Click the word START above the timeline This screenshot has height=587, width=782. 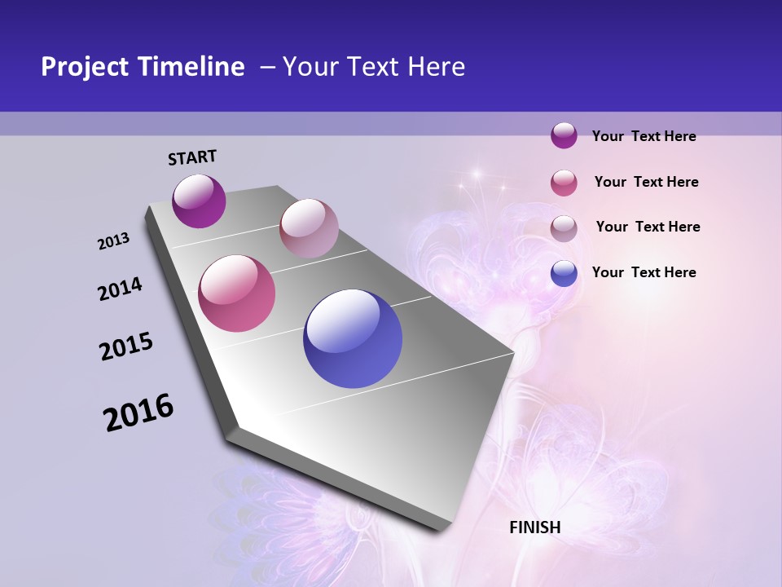tap(192, 157)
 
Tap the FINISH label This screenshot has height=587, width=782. tap(535, 527)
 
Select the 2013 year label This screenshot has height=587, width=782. tap(114, 241)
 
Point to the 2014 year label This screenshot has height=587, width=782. tap(121, 289)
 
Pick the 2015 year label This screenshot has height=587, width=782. tap(126, 346)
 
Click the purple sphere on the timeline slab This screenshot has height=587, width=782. tap(200, 201)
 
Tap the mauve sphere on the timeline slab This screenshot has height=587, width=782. tap(309, 228)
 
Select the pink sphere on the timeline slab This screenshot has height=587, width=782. tap(237, 293)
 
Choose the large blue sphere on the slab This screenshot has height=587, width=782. tap(353, 338)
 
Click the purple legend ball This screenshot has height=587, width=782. tap(564, 136)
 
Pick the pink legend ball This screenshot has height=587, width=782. tap(564, 183)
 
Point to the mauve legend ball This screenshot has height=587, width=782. tap(564, 227)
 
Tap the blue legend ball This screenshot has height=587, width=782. tap(564, 273)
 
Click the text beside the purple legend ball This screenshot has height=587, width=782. tap(644, 136)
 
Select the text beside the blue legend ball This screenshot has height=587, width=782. tap(644, 272)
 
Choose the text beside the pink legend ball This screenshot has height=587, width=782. tap(646, 182)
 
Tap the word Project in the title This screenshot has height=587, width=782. tap(84, 67)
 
